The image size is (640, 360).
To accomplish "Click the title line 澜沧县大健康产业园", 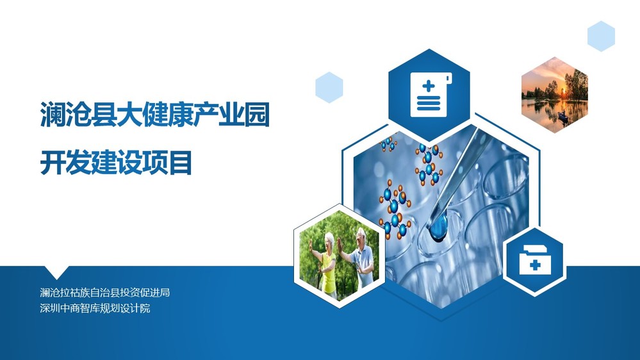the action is point(154,115).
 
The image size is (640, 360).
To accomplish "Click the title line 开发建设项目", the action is point(116,163).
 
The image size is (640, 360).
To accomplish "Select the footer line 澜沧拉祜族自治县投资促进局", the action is point(105,292).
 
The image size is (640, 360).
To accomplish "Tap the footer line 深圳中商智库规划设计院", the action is point(95,307).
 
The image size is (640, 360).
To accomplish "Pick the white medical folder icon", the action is point(535,260).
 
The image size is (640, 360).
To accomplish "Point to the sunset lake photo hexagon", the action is point(555,95).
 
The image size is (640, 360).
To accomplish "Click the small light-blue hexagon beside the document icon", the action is point(329,87).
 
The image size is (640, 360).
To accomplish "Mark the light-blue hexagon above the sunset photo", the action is point(601,37).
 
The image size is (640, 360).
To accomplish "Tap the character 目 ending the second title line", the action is point(180,163).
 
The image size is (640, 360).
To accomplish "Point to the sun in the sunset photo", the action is point(564,90).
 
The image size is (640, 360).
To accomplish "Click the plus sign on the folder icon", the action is point(535,265).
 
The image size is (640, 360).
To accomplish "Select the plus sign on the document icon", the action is point(429,86).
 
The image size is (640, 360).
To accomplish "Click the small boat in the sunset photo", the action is point(563,117).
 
